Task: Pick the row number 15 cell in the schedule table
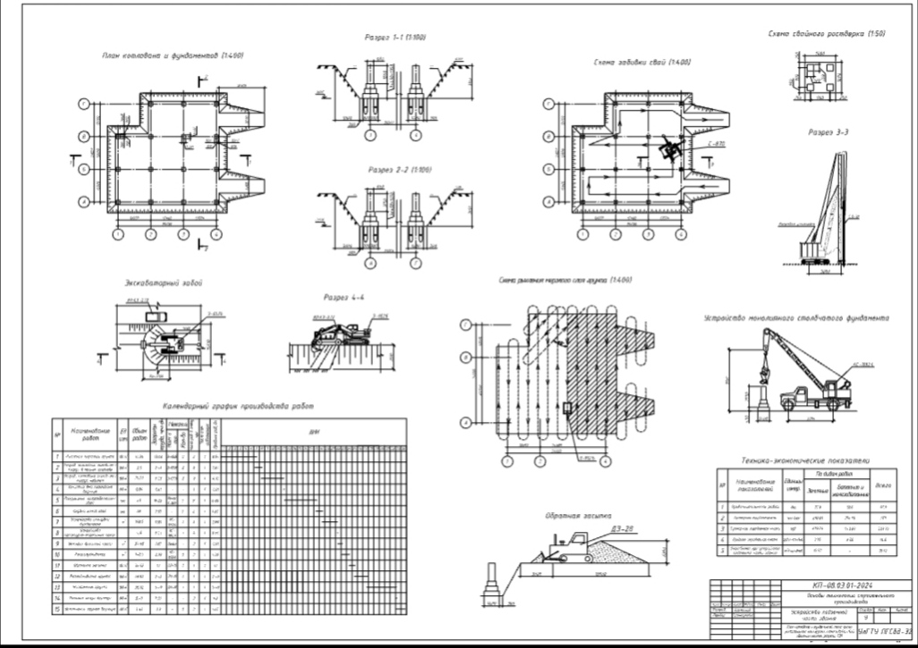coord(57,608)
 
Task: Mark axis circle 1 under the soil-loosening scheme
coord(506,461)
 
